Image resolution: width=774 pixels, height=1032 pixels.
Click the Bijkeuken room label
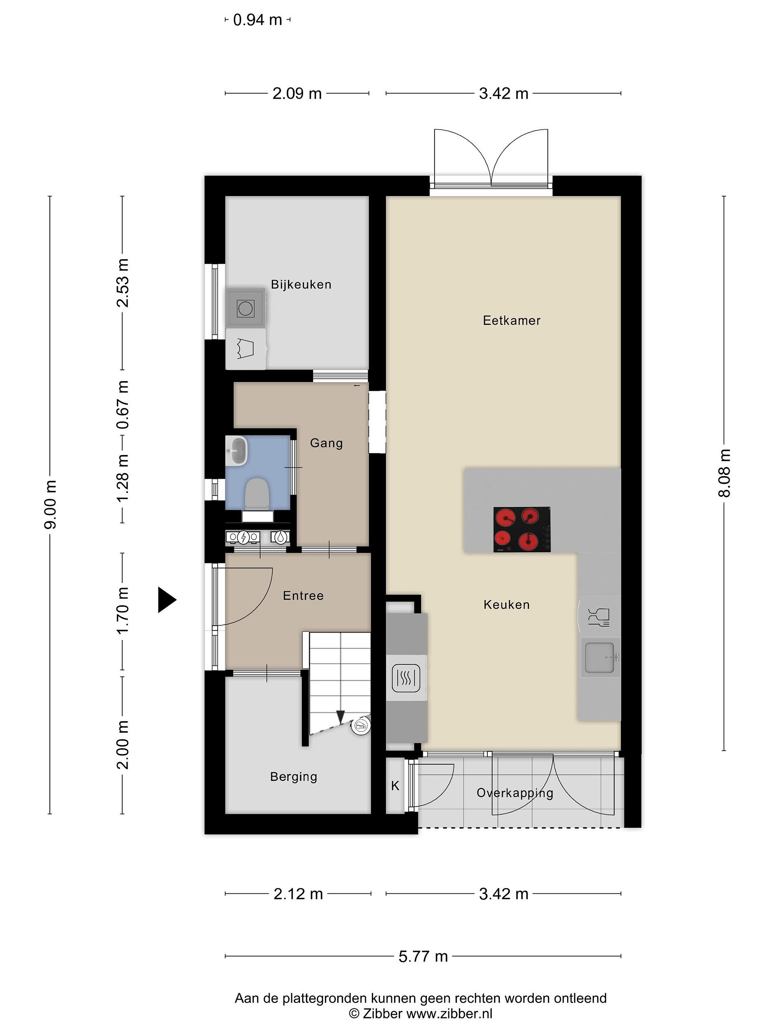pos(301,285)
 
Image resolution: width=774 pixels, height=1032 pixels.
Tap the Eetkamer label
pos(511,320)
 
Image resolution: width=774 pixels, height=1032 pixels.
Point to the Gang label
pos(326,443)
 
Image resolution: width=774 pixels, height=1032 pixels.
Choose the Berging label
pos(293,777)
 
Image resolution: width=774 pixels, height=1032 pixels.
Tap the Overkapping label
pos(515,793)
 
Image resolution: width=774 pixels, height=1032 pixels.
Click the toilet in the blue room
pos(256,493)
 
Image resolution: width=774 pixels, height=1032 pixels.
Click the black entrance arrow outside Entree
pos(167,599)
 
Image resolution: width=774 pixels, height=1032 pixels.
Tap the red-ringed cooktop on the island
pos(522,529)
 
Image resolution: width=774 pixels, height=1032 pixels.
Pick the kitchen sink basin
pos(599,658)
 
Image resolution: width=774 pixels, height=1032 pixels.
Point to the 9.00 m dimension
pos(51,504)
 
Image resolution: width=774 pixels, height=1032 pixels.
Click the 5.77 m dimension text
pos(423,956)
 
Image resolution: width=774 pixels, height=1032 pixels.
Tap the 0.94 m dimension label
pos(258,20)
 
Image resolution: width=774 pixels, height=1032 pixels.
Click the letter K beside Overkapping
pos(395,786)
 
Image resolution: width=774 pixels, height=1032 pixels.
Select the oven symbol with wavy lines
pos(406,678)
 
